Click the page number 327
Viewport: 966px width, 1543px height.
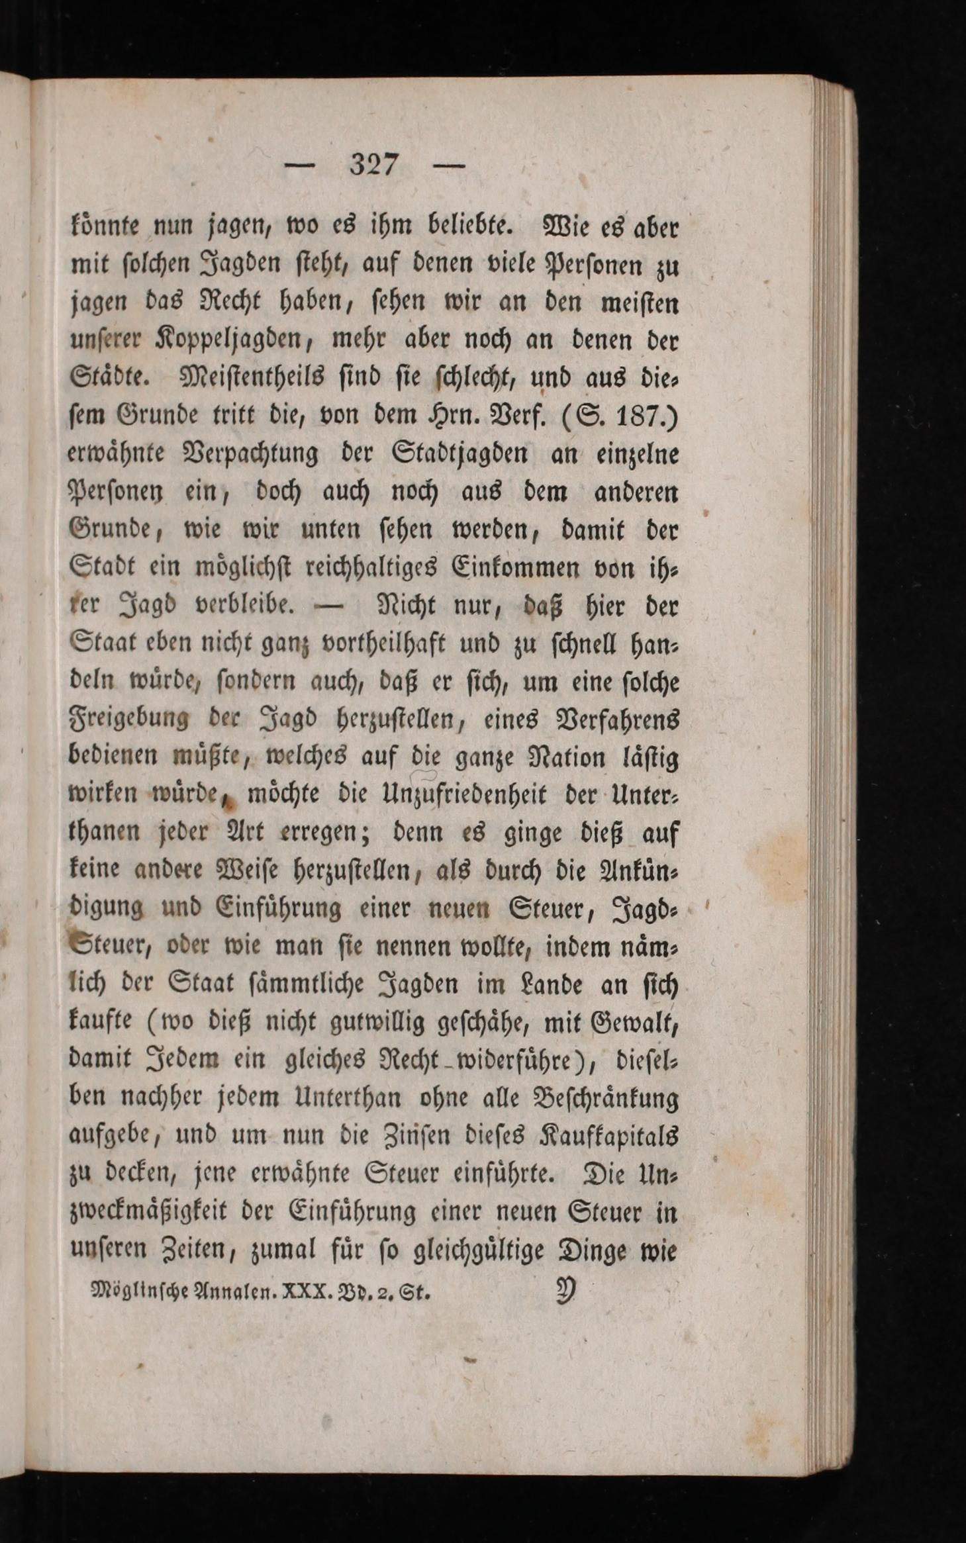pos(375,165)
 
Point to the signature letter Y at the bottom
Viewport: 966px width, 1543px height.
pos(565,1291)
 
